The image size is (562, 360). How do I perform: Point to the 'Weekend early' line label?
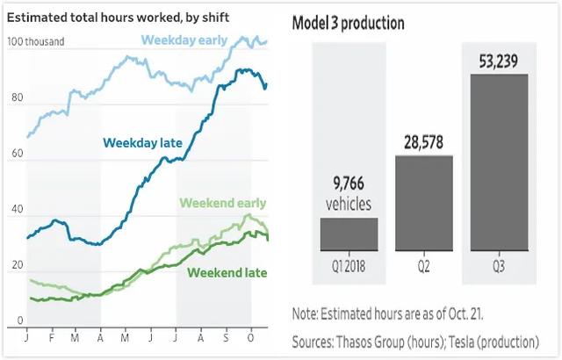pos(223,204)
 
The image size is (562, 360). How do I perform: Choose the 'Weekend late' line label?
pos(227,273)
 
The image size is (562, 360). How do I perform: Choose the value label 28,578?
pos(423,141)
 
